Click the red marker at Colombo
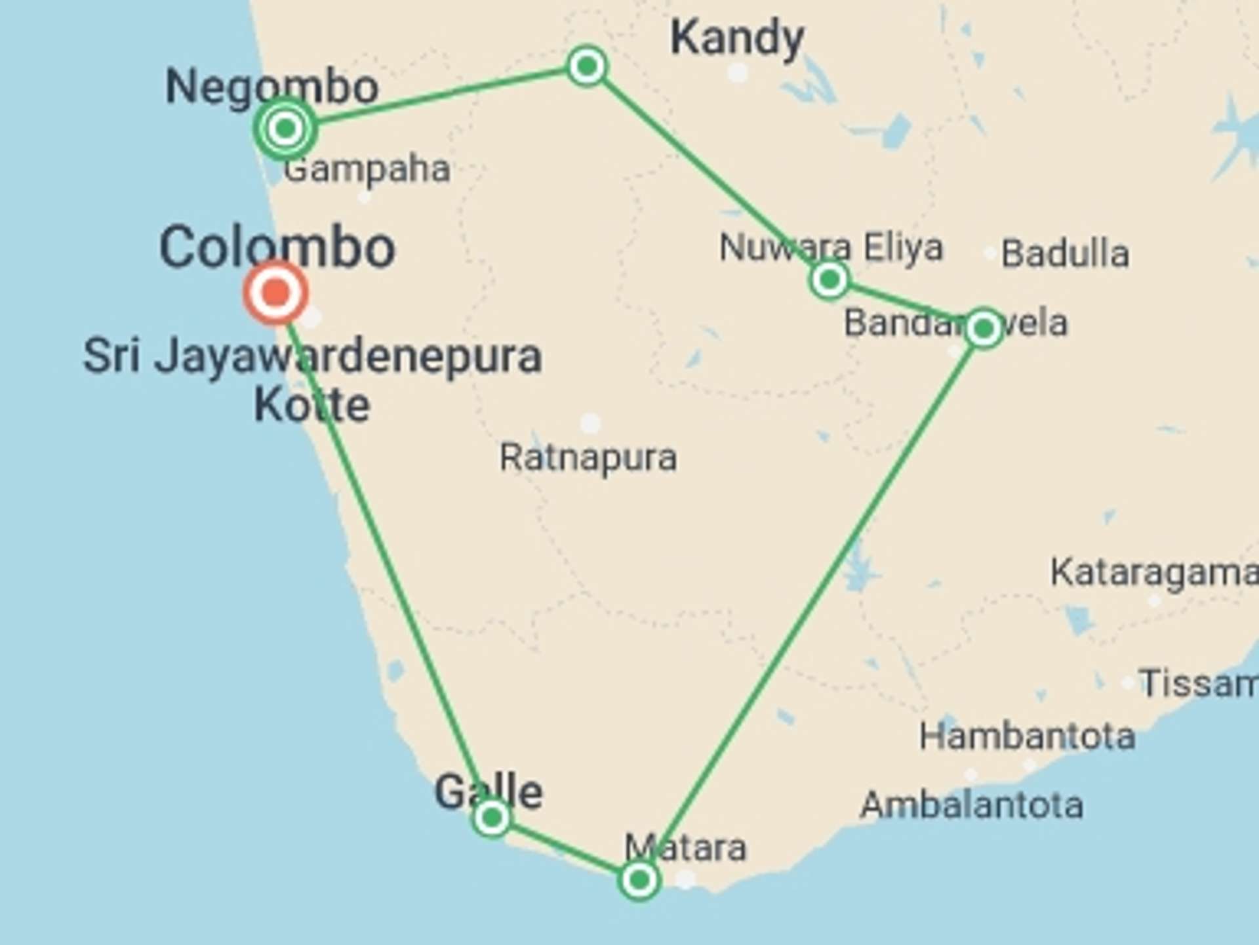pyautogui.click(x=276, y=293)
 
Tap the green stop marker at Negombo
pyautogui.click(x=285, y=128)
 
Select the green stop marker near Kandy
pyautogui.click(x=587, y=66)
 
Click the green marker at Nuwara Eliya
pyautogui.click(x=829, y=280)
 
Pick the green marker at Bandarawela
pyautogui.click(x=984, y=328)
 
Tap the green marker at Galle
pyautogui.click(x=491, y=818)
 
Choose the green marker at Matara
pyautogui.click(x=639, y=879)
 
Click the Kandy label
pyautogui.click(x=736, y=38)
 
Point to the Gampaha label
pyautogui.click(x=367, y=169)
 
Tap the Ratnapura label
pyautogui.click(x=588, y=457)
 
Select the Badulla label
pyautogui.click(x=1065, y=253)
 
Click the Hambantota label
pyautogui.click(x=1027, y=736)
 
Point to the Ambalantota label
pyautogui.click(x=971, y=805)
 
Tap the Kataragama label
pyautogui.click(x=1154, y=572)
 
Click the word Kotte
pyautogui.click(x=312, y=405)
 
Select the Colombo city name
pyautogui.click(x=277, y=248)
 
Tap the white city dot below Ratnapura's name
pyautogui.click(x=590, y=423)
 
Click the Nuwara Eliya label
pyautogui.click(x=831, y=247)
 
